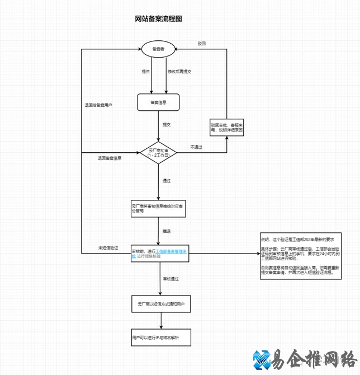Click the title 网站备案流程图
pyautogui.click(x=159, y=19)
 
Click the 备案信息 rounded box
pyautogui.click(x=158, y=102)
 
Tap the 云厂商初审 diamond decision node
pyautogui.click(x=158, y=152)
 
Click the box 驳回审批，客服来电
pyautogui.click(x=227, y=127)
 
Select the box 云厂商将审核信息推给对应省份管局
pyautogui.click(x=159, y=209)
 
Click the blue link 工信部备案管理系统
pyautogui.click(x=173, y=252)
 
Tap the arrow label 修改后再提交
pyautogui.click(x=179, y=72)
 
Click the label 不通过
pyautogui.click(x=196, y=147)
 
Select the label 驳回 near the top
pyautogui.click(x=202, y=44)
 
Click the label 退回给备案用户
pyautogui.click(x=98, y=105)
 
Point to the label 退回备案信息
pyautogui.click(x=109, y=158)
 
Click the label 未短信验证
pyautogui.click(x=108, y=248)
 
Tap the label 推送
pyautogui.click(x=167, y=231)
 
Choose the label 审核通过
pyautogui.click(x=170, y=278)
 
